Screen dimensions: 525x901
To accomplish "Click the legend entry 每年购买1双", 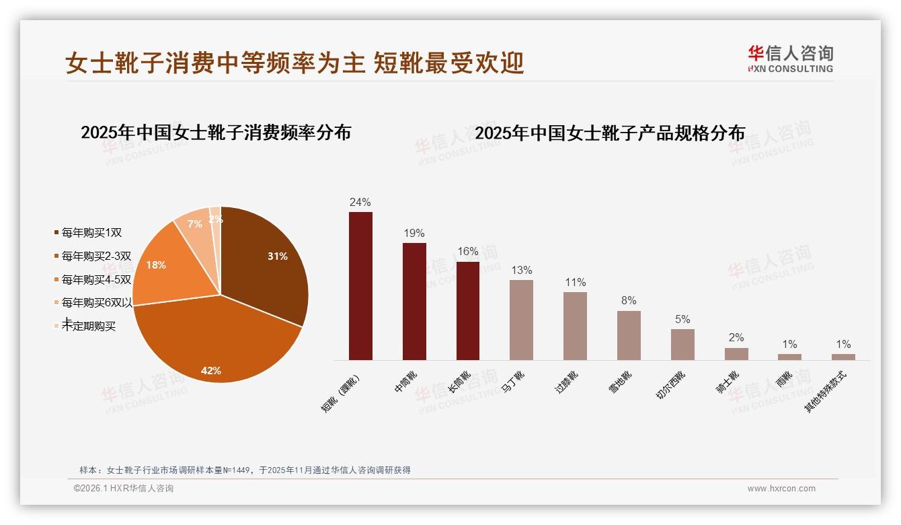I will coord(91,233).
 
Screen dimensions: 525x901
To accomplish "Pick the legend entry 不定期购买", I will coord(88,326).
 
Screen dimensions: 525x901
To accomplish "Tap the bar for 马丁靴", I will coord(521,320).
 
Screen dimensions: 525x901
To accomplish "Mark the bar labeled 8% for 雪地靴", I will coord(629,335).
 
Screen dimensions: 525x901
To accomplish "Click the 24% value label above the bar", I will coord(360,202).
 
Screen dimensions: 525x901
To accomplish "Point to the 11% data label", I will coord(576,283).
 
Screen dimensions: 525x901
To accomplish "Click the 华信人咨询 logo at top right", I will coord(791,59).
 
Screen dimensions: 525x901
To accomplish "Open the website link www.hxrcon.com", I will coord(781,489).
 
